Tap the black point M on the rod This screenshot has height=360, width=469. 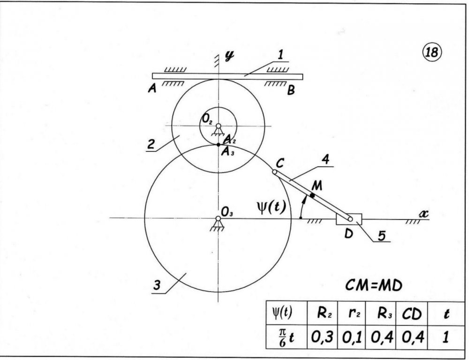point(312,195)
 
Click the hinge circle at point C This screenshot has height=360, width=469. point(274,172)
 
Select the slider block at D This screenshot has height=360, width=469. point(349,219)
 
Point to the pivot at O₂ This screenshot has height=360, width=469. point(219,126)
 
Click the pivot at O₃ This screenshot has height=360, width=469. point(219,218)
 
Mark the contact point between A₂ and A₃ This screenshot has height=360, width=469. point(219,145)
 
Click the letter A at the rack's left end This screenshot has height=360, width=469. point(152,89)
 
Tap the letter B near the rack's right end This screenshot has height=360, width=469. point(291,90)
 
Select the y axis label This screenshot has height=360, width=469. point(229,56)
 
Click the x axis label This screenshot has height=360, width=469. point(424,213)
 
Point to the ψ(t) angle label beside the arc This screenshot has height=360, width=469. point(271,207)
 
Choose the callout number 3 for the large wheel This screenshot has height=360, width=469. point(157,285)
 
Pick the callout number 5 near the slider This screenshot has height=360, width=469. point(382,236)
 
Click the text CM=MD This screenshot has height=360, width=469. point(374,286)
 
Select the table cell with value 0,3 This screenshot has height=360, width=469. point(322,337)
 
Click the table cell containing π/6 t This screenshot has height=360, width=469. point(287,337)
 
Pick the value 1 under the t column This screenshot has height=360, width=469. point(446,337)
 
